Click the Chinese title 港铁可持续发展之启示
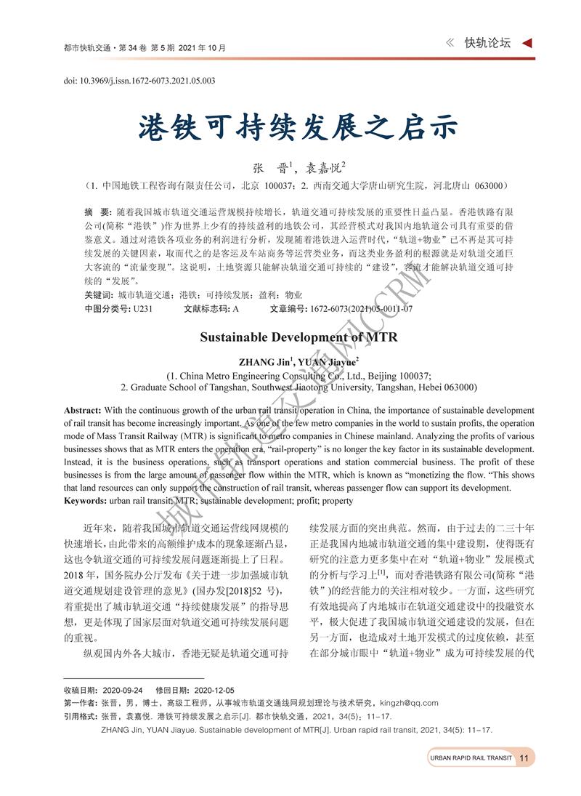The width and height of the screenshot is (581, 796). point(298,129)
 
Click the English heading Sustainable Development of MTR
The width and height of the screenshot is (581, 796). point(298,337)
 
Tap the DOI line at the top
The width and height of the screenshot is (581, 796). point(139,81)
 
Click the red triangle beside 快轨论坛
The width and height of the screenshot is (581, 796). point(528,43)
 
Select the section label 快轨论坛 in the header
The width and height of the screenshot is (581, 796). point(487,43)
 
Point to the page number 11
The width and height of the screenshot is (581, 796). point(524,758)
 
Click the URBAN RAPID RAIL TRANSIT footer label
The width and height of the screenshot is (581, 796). point(471,758)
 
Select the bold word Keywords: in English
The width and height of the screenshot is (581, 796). point(86,501)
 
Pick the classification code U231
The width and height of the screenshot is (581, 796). point(142,308)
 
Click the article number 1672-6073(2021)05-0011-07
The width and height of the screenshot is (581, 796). point(361,308)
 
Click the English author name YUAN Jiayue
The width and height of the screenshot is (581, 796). point(329,361)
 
